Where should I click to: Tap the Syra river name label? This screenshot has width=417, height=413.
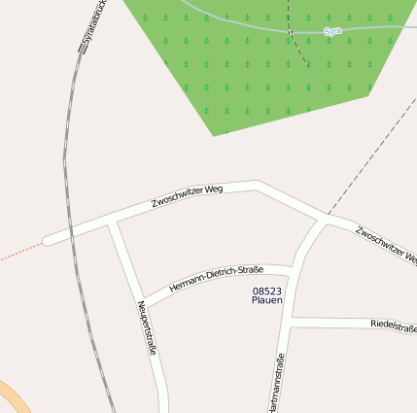coord(332,31)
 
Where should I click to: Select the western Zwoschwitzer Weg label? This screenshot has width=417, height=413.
coord(188,196)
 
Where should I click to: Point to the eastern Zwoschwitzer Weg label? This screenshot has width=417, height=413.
coord(386,245)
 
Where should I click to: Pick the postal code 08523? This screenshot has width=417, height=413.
coord(266,291)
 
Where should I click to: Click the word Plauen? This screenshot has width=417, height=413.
coord(266,301)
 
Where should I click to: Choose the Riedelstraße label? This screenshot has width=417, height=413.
coord(393,327)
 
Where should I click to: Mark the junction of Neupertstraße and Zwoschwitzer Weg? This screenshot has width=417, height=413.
coord(113,224)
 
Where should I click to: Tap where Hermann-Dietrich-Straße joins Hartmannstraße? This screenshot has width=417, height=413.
coord(293,267)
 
